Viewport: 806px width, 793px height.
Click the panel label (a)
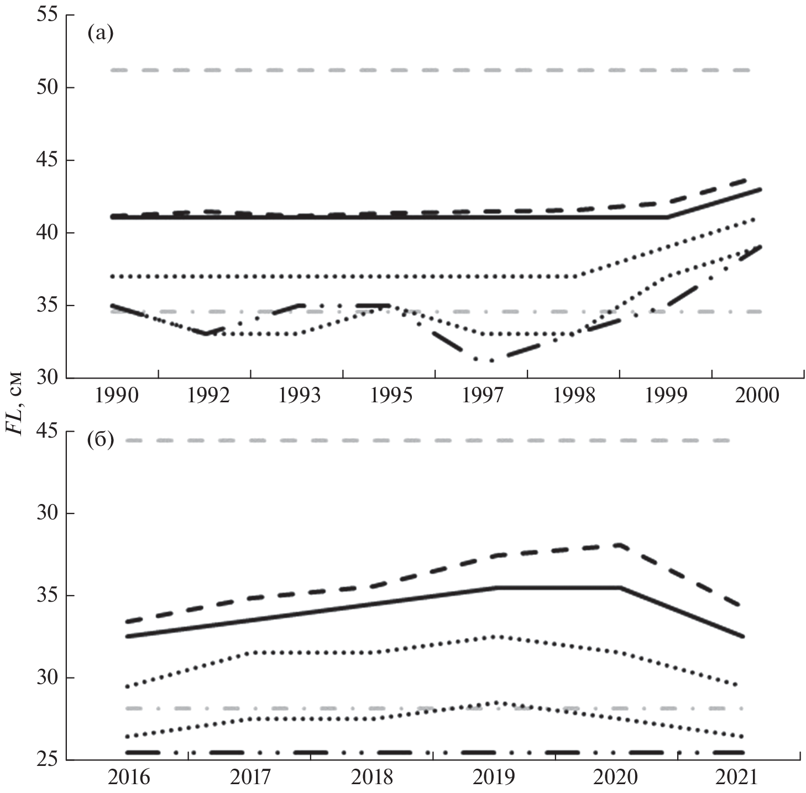coord(100,34)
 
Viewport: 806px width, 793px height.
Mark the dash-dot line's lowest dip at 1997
coord(491,361)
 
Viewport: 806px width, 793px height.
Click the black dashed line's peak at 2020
coord(620,545)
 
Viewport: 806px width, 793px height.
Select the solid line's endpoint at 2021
coord(743,637)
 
